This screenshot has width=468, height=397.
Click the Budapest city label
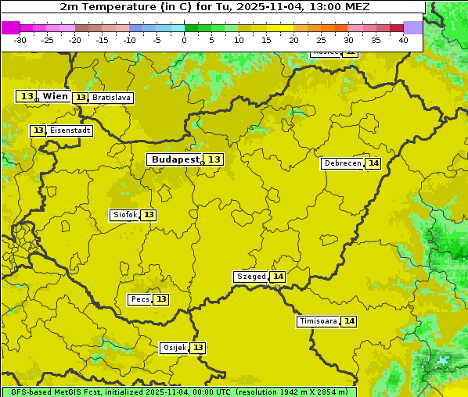pos(175,159)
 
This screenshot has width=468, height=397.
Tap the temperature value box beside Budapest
pos(214,159)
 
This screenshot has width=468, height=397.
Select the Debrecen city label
pos(342,163)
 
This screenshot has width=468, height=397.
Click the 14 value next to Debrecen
pos(373,163)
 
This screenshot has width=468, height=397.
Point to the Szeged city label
pos(250,277)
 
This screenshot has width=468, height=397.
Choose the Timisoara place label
pos(318,321)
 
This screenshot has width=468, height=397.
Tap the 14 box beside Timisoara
pos(349,321)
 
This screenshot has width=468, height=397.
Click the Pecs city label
pos(140,299)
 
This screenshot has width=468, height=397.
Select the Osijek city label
pos(174,348)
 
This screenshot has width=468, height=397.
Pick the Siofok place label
pos(124,215)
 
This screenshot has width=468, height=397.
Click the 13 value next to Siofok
pos(149,215)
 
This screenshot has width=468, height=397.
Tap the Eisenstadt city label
pos(70,131)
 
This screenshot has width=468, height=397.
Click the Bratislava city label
pos(111,98)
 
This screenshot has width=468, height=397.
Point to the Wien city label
pos(55,96)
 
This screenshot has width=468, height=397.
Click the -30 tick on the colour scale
pos(20,40)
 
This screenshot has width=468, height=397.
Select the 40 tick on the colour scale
pos(403,40)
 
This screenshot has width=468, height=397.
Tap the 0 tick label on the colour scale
pos(185,40)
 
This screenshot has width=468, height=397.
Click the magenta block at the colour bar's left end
pos(10,27)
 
